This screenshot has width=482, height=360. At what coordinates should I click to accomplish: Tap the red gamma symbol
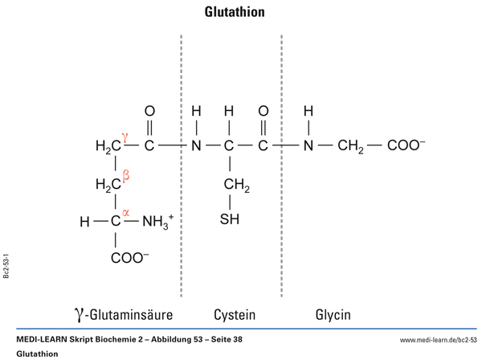click(125, 136)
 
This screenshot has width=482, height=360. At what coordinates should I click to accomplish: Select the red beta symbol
click(125, 173)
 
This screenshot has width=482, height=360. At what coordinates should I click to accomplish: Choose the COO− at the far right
click(406, 147)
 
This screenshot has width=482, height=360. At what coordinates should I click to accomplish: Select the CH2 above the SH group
click(236, 186)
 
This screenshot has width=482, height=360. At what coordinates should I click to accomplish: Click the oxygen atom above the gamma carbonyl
click(149, 111)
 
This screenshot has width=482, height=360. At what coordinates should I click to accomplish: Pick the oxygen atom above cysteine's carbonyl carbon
click(263, 111)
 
